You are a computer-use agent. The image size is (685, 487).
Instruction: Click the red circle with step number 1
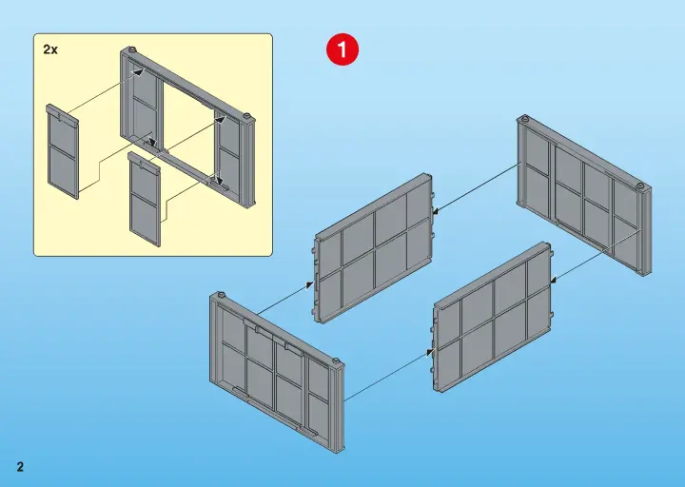tap(342, 50)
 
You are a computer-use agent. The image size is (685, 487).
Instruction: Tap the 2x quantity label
tap(50, 49)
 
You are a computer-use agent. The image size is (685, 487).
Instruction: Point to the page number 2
tap(20, 466)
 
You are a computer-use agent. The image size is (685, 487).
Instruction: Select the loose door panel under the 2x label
tap(63, 151)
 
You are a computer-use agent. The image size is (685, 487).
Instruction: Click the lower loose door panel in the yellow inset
tap(145, 199)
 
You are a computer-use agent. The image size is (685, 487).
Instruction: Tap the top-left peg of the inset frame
tap(133, 49)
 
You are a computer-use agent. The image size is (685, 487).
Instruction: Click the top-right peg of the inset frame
tap(246, 116)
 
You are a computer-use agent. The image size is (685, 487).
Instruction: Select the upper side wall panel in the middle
tap(374, 247)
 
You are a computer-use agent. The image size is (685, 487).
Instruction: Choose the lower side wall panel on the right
tap(493, 317)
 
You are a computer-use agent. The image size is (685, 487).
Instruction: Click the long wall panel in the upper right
tap(584, 195)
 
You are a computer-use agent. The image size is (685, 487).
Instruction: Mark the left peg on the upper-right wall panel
tap(524, 118)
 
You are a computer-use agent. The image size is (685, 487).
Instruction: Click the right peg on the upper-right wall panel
tap(640, 186)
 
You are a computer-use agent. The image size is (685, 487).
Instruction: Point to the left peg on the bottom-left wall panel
tap(221, 294)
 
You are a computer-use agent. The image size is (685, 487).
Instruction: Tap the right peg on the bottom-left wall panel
tap(337, 361)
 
